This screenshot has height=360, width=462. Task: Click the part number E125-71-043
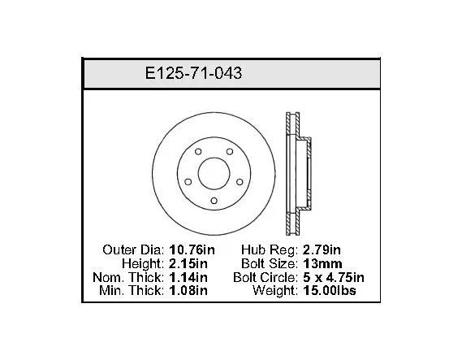pyautogui.click(x=193, y=73)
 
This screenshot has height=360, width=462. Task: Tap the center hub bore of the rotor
pyautogui.click(x=214, y=173)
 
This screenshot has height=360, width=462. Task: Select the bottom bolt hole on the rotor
pyautogui.click(x=214, y=201)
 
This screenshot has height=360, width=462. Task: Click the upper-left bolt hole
pyautogui.click(x=198, y=151)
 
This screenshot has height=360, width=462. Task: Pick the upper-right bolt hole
pyautogui.click(x=230, y=151)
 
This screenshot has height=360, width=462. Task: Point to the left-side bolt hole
pyautogui.click(x=188, y=182)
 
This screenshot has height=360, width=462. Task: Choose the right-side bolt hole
pyautogui.click(x=240, y=182)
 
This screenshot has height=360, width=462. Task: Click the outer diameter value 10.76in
pyautogui.click(x=192, y=250)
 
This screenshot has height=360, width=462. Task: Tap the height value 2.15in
pyautogui.click(x=188, y=263)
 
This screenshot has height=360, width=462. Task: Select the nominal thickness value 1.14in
pyautogui.click(x=188, y=277)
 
